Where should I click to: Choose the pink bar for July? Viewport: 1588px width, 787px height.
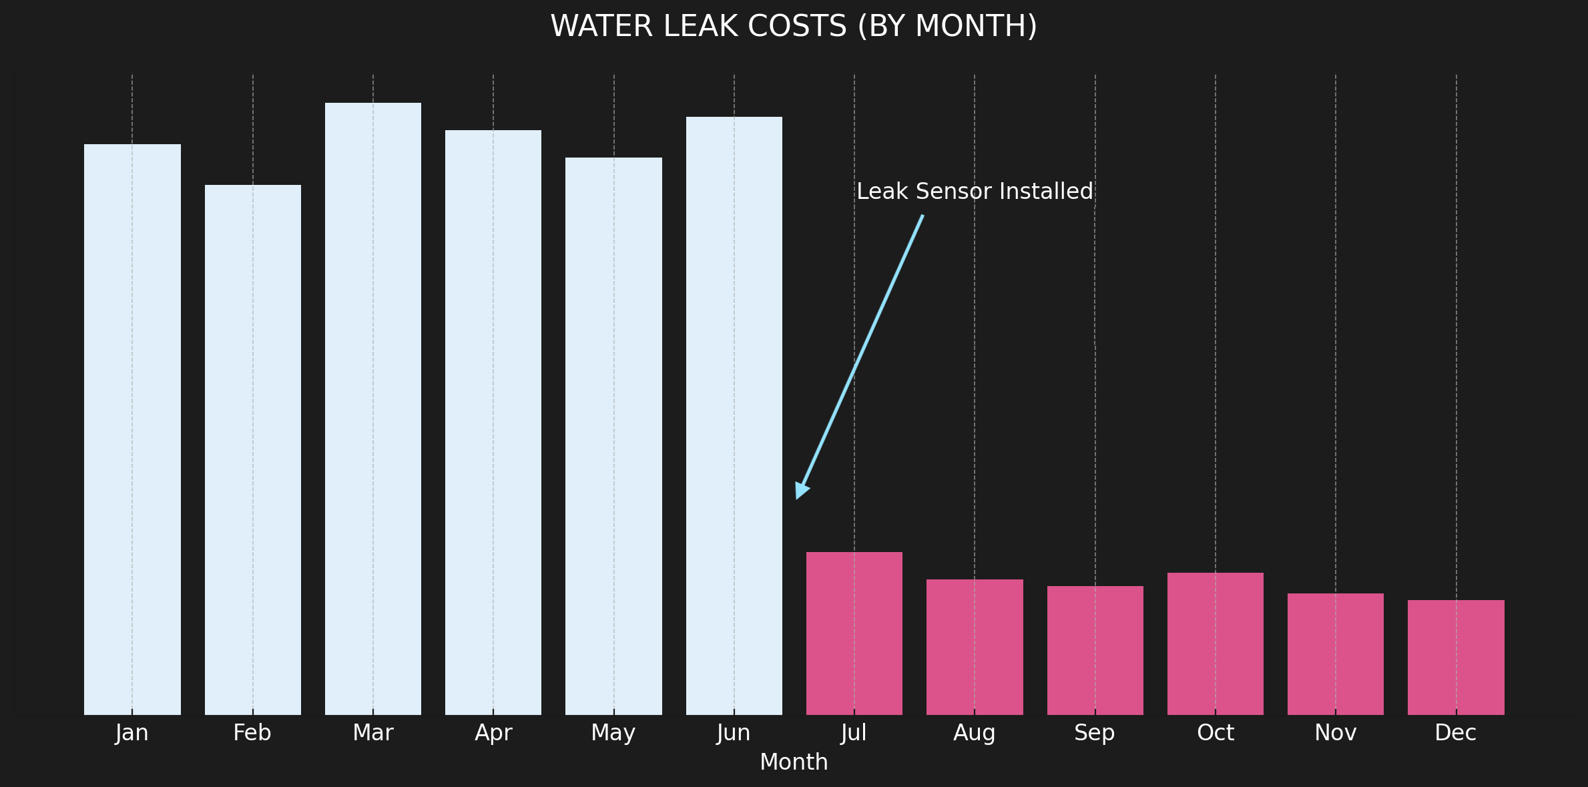(854, 633)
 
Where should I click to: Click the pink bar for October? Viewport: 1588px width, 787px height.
(1216, 643)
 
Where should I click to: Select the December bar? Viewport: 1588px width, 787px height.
(1456, 658)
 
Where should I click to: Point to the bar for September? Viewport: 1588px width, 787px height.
(1095, 650)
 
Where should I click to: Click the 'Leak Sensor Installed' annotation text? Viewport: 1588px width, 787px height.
(975, 192)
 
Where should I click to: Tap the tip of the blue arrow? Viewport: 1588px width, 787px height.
(797, 497)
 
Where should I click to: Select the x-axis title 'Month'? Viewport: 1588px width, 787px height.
(794, 762)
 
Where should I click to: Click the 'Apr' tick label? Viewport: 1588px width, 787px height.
(493, 733)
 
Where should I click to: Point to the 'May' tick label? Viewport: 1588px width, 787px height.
(613, 733)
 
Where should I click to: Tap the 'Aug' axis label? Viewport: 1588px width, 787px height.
(975, 733)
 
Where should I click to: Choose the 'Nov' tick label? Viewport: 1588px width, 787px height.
(1336, 733)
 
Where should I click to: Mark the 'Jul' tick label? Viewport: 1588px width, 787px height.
(854, 733)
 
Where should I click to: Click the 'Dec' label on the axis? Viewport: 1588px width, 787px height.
(1456, 733)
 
